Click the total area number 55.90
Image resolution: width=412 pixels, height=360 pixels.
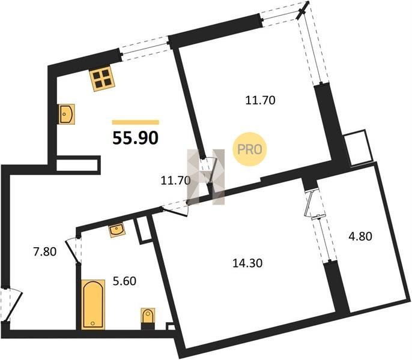[x=135, y=138]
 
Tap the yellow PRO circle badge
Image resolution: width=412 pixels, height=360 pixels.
[x=249, y=149]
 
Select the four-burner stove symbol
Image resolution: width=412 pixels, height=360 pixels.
[x=102, y=78]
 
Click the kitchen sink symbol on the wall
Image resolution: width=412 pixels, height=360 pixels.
[x=67, y=114]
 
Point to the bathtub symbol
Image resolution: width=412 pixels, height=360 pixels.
[x=93, y=304]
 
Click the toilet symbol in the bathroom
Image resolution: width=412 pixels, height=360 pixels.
[x=148, y=318]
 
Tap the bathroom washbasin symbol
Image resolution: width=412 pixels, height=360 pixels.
[x=117, y=230]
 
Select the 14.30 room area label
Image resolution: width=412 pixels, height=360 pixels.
[x=247, y=263]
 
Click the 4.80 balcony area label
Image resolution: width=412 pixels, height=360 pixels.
[x=360, y=236]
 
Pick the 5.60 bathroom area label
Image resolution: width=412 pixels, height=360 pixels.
[x=124, y=281]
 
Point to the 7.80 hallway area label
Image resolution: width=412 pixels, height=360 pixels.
[x=44, y=252]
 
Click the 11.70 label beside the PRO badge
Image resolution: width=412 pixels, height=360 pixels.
[x=260, y=100]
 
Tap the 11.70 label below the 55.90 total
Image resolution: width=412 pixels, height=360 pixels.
[x=175, y=181]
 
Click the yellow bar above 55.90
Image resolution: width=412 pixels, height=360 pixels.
[x=136, y=122]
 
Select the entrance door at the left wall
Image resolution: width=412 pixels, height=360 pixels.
[x=10, y=305]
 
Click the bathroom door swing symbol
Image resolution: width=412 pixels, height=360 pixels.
[x=73, y=250]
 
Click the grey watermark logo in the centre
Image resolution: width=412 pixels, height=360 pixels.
[x=206, y=177]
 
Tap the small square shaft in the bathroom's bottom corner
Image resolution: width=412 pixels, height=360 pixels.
[x=171, y=326]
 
